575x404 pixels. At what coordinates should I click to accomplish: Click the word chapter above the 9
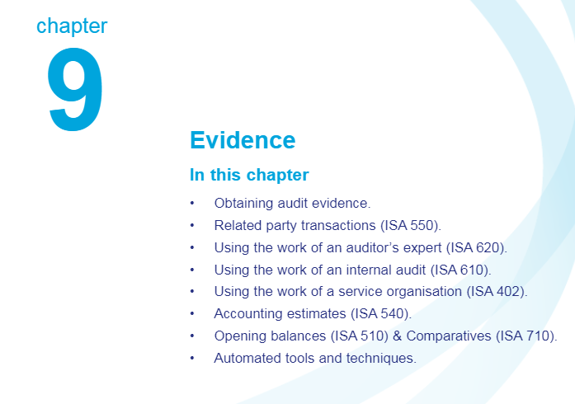pos(72,26)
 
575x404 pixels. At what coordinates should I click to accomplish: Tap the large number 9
pos(75,89)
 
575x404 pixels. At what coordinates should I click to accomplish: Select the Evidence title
pos(243,140)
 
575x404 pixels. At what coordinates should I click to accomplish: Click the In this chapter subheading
pos(249,175)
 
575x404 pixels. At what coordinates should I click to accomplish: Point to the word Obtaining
pos(244,204)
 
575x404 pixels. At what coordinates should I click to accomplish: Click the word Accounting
pos(248,314)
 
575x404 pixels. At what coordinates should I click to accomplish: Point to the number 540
pos(393,314)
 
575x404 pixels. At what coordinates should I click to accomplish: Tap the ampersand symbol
pos(397,336)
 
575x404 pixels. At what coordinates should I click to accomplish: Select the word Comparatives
pos(449,336)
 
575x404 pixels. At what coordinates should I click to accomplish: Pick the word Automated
pos(247,358)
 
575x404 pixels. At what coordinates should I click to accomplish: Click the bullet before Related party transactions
pos(192,225)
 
